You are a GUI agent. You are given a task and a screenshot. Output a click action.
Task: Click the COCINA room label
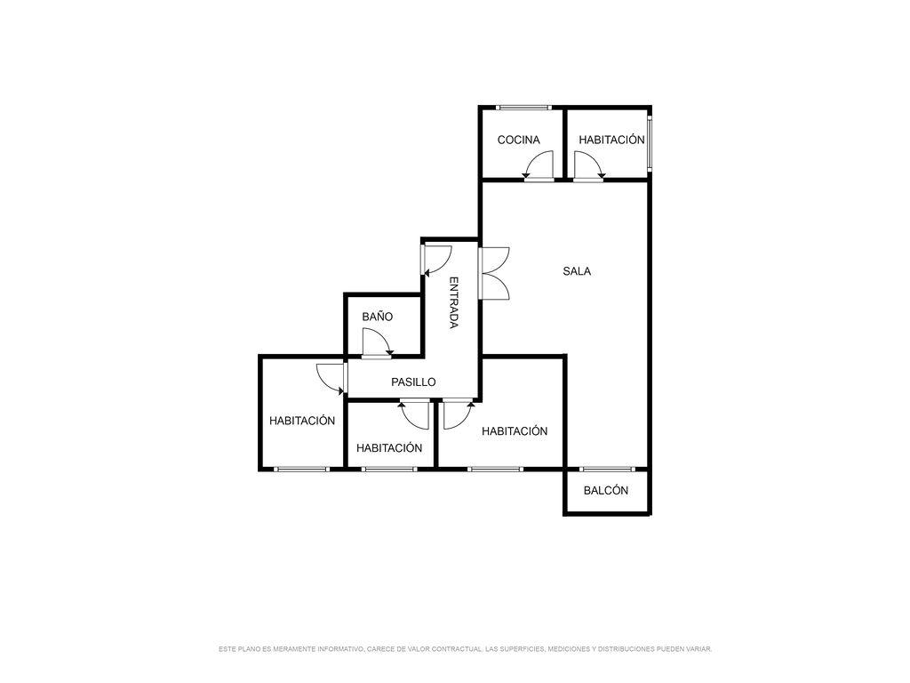click(518, 140)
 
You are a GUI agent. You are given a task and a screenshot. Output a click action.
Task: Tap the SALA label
click(577, 271)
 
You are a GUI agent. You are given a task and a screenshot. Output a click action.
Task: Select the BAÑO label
click(377, 317)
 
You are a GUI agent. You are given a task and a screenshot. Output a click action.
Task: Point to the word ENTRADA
click(454, 302)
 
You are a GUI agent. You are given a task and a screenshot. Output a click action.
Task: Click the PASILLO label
click(413, 382)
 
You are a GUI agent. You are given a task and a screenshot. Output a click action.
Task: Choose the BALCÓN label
click(606, 490)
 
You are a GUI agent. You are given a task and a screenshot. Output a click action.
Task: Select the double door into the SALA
click(494, 274)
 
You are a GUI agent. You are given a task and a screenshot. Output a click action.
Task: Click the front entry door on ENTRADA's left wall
click(436, 261)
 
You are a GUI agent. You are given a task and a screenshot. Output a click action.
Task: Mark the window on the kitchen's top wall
click(524, 108)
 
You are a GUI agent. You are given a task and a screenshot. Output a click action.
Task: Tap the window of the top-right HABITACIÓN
click(650, 143)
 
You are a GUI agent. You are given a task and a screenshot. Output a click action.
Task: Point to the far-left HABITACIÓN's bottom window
click(302, 469)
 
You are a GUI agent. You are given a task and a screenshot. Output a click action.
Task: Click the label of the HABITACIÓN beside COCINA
click(611, 140)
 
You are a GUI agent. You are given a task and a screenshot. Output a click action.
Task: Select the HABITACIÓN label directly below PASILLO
click(389, 448)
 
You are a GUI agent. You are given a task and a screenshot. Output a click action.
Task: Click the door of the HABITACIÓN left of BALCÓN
click(459, 414)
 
